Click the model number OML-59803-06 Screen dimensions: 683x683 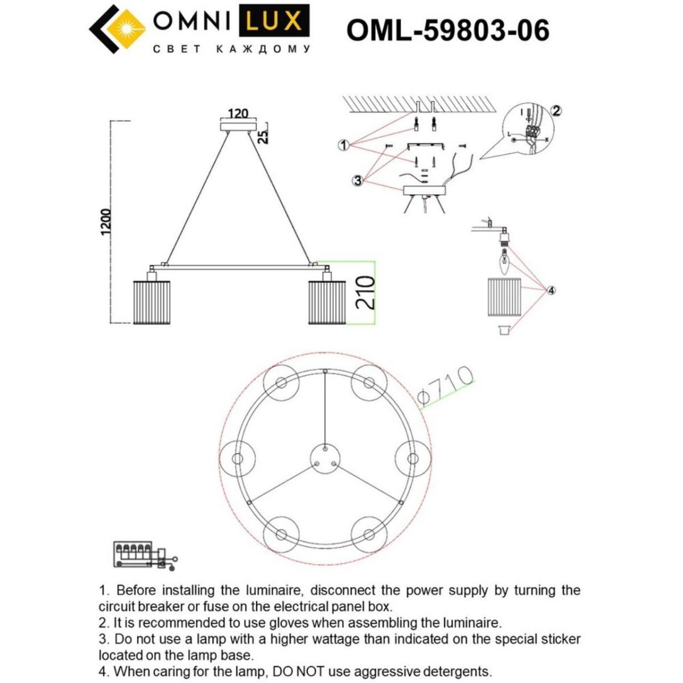pos(447,29)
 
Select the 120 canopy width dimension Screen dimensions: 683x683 pos(238,113)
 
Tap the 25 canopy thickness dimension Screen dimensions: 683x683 pos(263,137)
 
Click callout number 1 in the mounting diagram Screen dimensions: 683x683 pos(343,145)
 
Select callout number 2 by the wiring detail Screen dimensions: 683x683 pos(557,111)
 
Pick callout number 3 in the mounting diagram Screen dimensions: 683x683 pos(357,180)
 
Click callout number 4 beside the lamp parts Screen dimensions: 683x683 pos(551,290)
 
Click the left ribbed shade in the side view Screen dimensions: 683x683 pos(151,302)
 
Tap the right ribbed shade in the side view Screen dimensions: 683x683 pos(327,302)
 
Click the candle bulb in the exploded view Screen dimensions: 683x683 pos(504,264)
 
